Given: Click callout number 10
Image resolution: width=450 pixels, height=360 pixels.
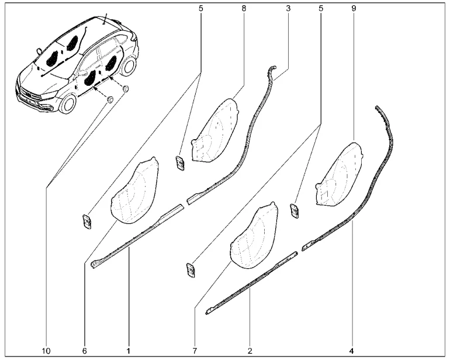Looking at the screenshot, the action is point(46,351).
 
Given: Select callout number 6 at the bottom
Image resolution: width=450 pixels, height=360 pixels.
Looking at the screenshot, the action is point(84,351).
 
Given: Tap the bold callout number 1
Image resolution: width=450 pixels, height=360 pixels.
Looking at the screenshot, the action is point(129,351).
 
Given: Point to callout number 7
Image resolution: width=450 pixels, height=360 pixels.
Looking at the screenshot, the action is point(195,351).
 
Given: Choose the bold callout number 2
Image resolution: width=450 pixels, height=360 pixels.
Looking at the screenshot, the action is point(250,351).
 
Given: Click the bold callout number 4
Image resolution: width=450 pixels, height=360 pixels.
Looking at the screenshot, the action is point(352,351).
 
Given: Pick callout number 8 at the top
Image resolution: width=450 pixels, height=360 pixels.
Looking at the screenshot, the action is point(244,8).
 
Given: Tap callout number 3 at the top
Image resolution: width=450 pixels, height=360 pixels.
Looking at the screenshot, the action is point(288,8).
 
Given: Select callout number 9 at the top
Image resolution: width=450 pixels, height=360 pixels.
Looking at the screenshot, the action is point(354,8).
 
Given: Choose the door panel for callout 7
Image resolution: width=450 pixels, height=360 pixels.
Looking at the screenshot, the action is point(254,236).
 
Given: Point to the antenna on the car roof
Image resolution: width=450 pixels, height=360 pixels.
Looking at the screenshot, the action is point(106,19).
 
